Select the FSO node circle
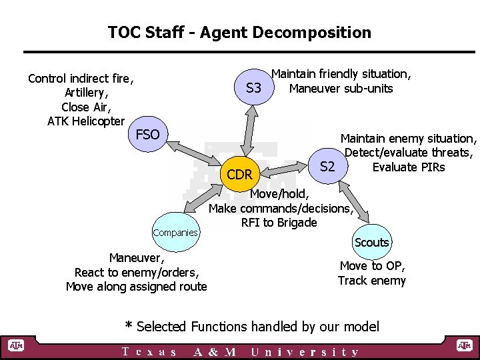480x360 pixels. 148,135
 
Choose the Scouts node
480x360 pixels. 371,243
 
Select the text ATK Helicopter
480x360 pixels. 86,121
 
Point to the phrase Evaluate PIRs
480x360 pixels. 409,167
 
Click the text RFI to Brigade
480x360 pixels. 279,223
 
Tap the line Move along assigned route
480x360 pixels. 137,287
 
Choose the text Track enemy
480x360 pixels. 371,281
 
